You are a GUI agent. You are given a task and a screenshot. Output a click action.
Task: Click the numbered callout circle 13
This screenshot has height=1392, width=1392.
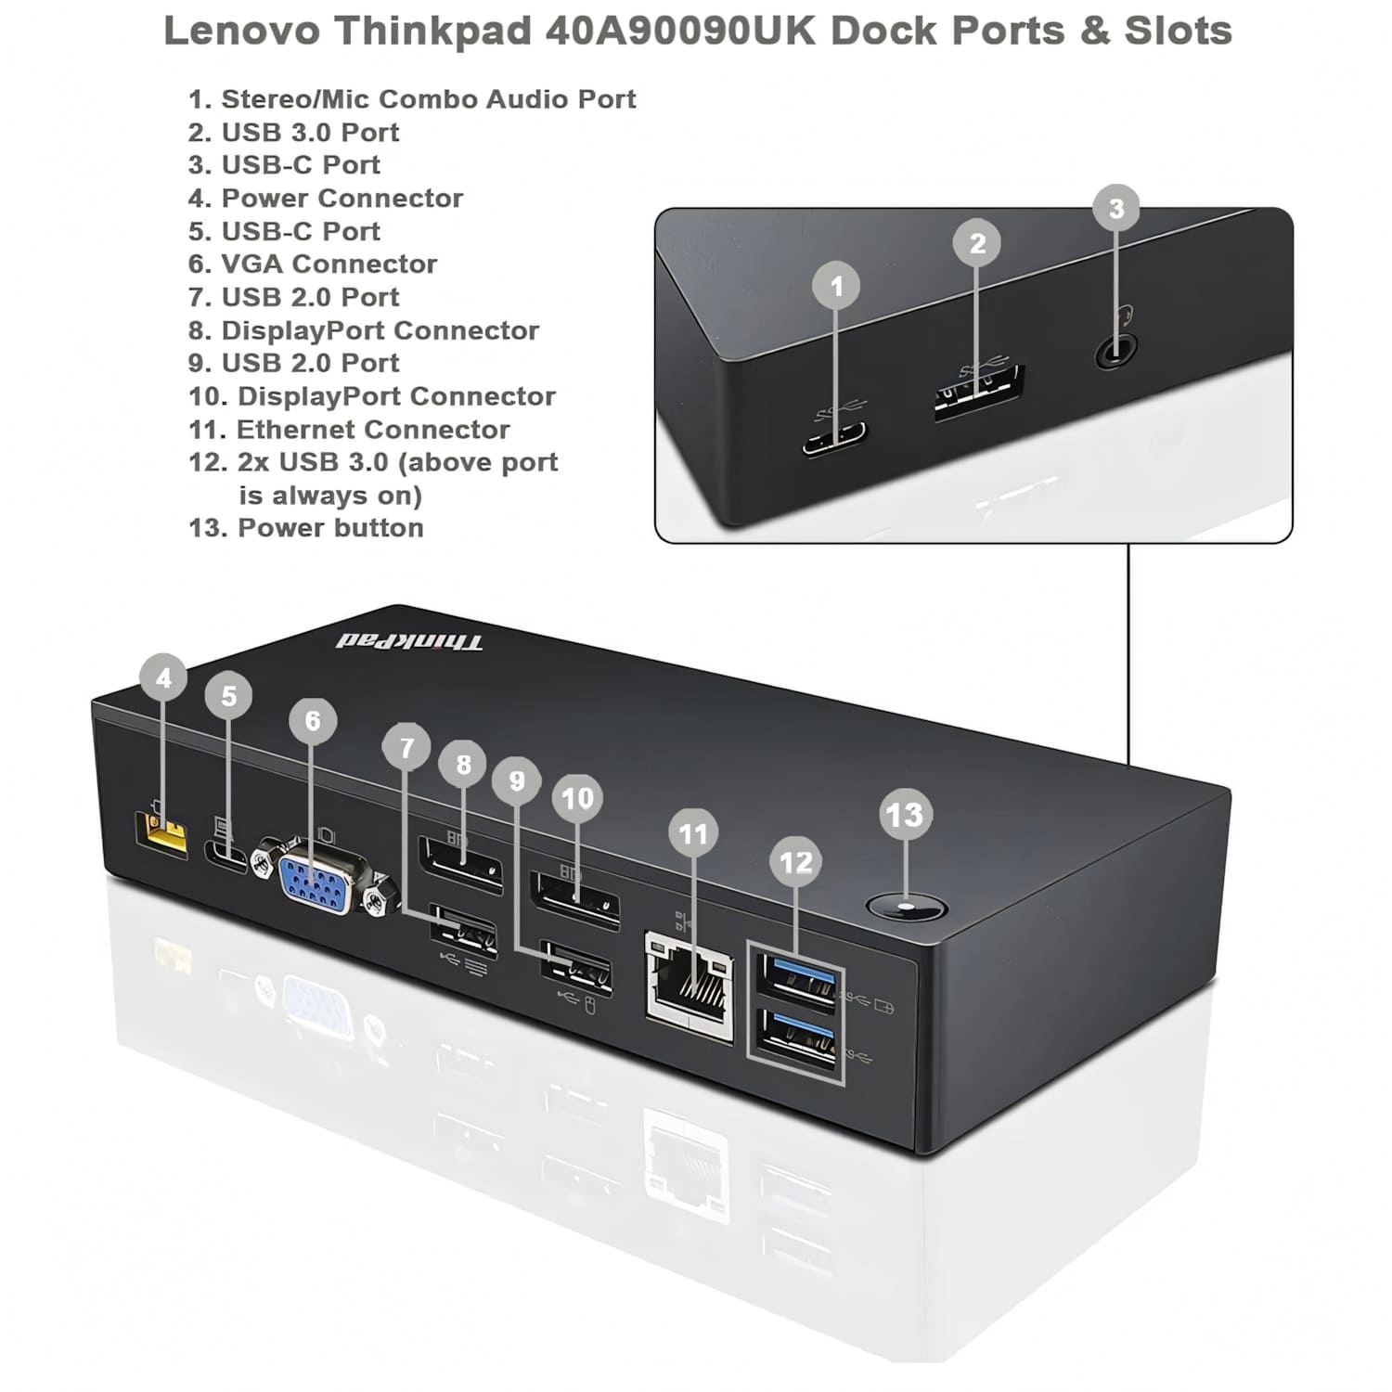click(904, 815)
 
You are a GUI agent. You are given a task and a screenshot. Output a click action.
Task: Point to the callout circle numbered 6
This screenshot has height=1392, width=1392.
click(313, 720)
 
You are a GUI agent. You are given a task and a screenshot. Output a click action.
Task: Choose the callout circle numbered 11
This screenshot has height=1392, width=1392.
click(693, 833)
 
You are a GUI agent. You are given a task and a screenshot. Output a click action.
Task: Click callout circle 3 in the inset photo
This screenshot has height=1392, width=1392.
click(1116, 208)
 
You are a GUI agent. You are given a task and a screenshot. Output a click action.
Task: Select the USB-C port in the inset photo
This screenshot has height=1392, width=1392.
click(835, 436)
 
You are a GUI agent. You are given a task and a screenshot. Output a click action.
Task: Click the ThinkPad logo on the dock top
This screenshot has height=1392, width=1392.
click(409, 641)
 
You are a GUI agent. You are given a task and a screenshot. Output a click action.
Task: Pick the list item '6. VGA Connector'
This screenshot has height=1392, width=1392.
click(313, 264)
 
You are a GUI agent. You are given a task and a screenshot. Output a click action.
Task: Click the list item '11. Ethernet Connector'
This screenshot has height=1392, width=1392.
click(349, 430)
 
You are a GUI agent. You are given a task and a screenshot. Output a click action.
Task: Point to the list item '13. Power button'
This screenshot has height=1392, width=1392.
click(306, 528)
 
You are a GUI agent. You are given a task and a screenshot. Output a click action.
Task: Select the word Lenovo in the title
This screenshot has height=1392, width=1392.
click(242, 31)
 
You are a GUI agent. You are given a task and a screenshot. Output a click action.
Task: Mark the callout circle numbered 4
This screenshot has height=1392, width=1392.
click(164, 678)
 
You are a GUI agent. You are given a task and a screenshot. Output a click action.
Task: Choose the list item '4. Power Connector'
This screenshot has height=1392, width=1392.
click(326, 199)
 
